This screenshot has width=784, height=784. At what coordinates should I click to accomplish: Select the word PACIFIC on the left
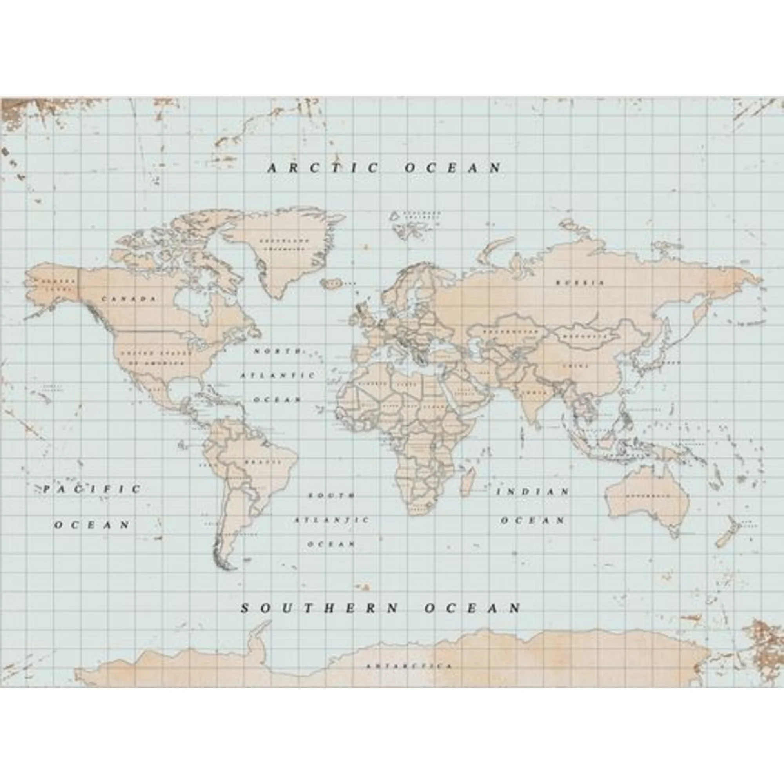pos(92,489)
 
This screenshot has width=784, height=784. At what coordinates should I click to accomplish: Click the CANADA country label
pos(129,299)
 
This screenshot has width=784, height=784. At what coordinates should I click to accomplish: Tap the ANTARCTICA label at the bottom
pos(408,666)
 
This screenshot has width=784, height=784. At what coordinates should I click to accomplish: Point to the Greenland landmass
pos(280,252)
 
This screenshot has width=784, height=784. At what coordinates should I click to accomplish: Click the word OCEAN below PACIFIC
pos(92,525)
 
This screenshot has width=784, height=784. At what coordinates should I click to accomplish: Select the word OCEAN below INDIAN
pos(532,520)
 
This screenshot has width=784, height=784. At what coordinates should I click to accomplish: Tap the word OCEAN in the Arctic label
pos(453,168)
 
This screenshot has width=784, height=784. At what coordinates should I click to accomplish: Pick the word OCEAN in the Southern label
pos(473,608)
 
